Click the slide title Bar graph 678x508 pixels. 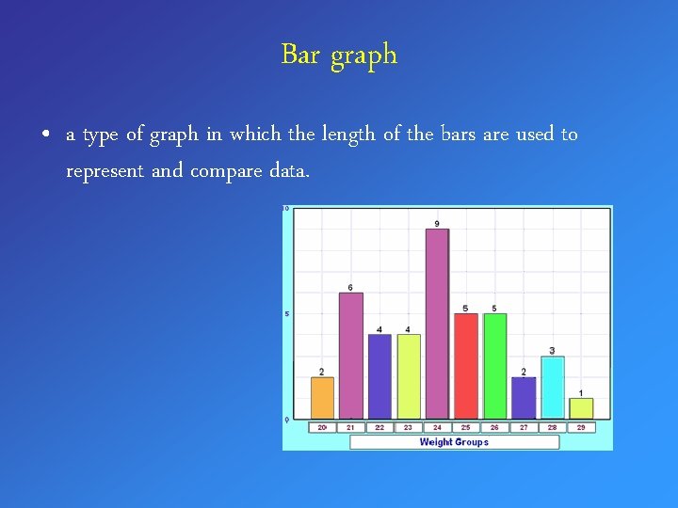339,55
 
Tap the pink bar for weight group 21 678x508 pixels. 350,355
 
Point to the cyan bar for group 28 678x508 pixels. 553,387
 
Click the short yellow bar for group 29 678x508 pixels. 581,407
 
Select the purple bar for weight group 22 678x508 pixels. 379,375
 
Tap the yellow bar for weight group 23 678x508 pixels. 408,375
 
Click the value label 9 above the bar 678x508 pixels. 437,223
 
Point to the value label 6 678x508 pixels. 350,287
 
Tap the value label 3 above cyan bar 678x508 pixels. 553,351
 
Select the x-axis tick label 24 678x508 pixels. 437,427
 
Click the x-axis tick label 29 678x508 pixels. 581,427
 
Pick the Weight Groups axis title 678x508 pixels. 454,442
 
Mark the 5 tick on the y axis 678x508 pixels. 286,313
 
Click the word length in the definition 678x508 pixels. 347,134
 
